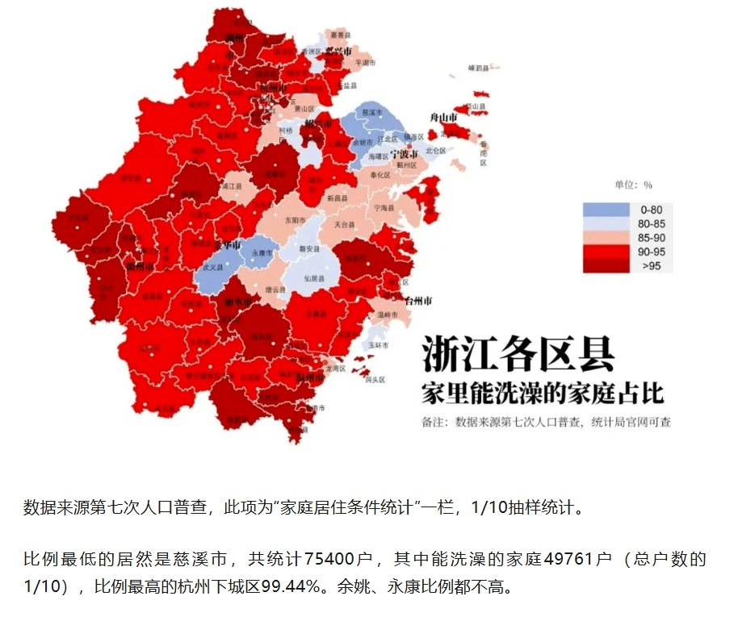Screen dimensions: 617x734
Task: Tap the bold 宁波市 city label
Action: click(403, 153)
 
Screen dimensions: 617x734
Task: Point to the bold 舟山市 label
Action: click(443, 118)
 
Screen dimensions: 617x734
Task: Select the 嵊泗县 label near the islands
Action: click(479, 69)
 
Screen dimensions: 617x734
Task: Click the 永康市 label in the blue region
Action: click(258, 252)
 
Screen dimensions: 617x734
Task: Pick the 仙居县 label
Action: click(314, 277)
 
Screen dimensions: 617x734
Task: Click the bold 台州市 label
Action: click(417, 301)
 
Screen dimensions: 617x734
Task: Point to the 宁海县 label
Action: click(384, 207)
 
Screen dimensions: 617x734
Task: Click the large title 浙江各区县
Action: click(517, 355)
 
